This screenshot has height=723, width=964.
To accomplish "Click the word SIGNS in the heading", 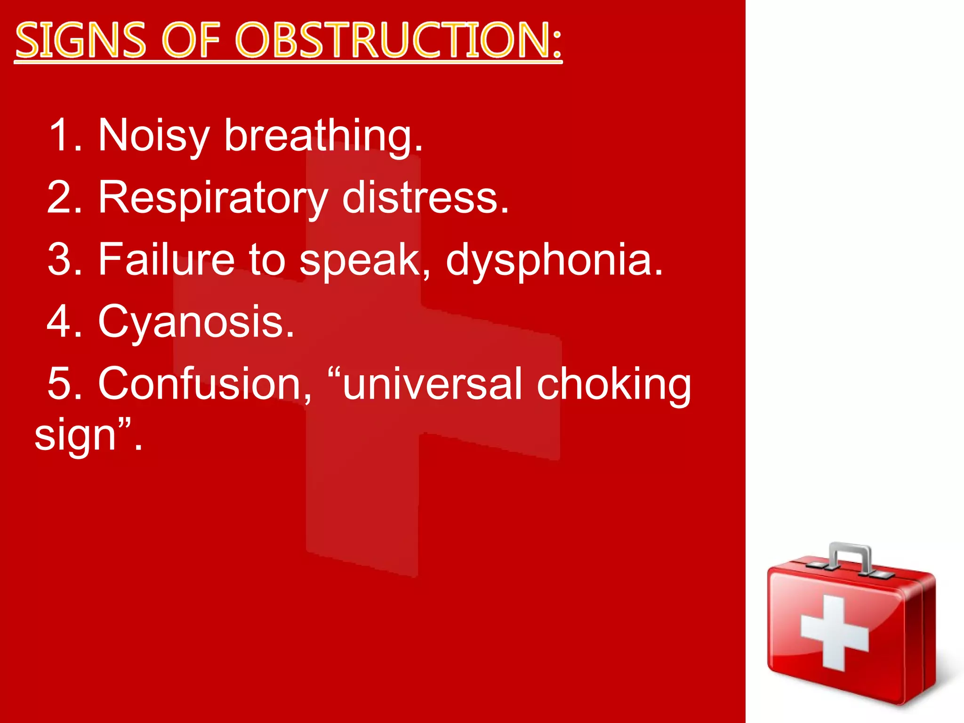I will tap(80, 40).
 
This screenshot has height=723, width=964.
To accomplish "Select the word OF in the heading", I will tap(191, 40).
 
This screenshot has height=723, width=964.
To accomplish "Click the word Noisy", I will tap(153, 136).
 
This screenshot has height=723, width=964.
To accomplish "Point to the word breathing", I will tap(323, 136).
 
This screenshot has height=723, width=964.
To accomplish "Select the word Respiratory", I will tap(213, 198).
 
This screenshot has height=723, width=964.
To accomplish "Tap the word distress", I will tap(425, 198).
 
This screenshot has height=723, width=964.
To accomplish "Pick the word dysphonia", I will tap(554, 260).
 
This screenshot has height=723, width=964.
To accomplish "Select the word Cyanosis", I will tap(196, 322).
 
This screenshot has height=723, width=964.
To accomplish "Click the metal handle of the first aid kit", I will tap(850, 556).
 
